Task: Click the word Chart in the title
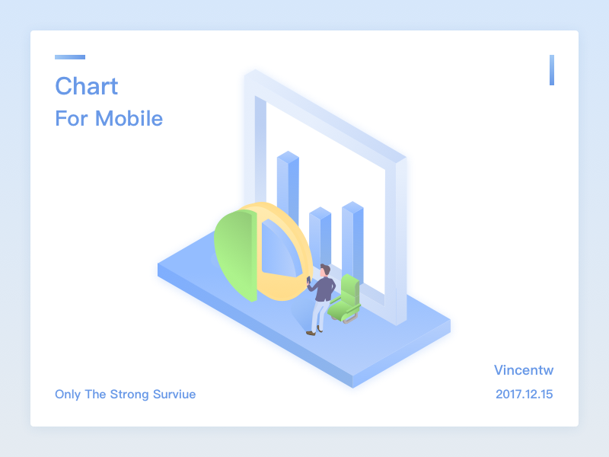pos(86,86)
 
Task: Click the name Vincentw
pos(523,370)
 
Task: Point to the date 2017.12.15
pos(523,395)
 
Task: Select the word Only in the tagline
pos(67,395)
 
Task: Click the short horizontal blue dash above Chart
pos(70,57)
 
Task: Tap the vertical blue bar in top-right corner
pos(552,70)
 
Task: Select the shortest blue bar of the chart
pos(320,236)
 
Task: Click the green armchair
pos(346,299)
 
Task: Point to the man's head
pos(326,270)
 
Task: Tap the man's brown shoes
pos(311,332)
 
